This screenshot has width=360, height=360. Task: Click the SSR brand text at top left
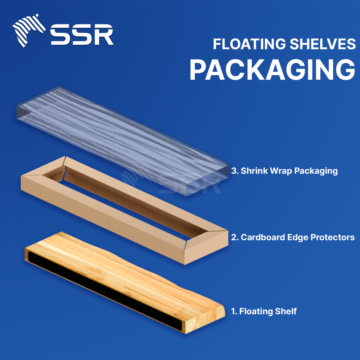(x=82, y=35)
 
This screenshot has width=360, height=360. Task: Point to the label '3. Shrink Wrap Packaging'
(x=285, y=171)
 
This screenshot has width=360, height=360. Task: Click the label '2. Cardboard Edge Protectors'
(x=293, y=237)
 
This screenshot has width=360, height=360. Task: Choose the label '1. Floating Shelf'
(x=264, y=311)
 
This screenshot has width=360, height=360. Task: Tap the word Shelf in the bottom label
(x=286, y=311)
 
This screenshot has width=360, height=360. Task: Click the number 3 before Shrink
(x=234, y=171)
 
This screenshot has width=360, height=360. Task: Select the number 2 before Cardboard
(x=234, y=237)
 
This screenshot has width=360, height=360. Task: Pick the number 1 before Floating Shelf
(x=232, y=311)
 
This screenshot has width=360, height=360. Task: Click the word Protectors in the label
(x=334, y=237)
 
